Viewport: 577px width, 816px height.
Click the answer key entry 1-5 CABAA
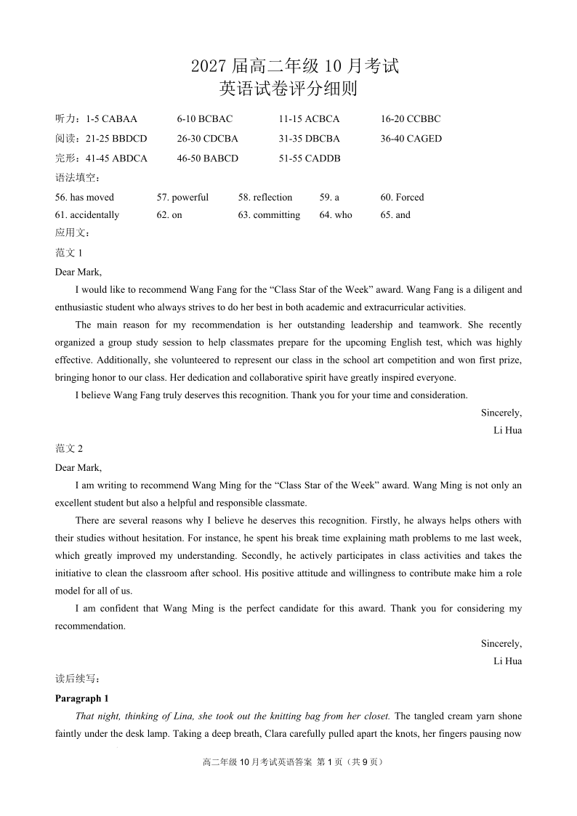tap(111, 118)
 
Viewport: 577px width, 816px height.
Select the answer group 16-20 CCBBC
tap(410, 118)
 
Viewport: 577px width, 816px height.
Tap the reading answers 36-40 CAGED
tap(411, 138)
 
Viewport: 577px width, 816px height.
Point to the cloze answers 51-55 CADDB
tap(309, 158)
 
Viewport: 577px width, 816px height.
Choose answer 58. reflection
tap(265, 197)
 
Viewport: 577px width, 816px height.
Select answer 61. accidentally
tap(87, 215)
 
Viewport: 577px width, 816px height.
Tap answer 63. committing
tap(269, 215)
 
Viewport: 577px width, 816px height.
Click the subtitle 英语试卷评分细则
tap(288, 89)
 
